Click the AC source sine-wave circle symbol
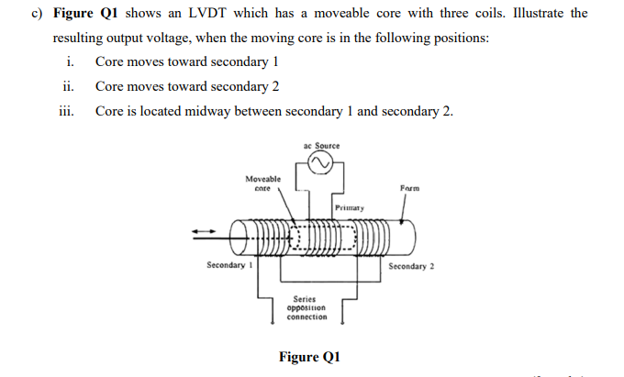[320, 164]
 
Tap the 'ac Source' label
[320, 146]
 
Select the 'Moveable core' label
[263, 183]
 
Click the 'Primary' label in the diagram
[350, 208]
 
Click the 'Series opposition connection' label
[306, 307]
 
